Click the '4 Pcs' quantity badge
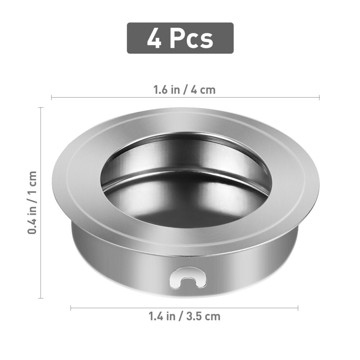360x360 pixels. click(180, 38)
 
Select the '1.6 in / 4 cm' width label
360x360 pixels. click(184, 89)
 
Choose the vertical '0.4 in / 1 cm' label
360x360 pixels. click(33, 202)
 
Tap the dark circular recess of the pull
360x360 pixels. click(185, 187)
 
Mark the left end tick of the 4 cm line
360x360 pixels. click(51, 97)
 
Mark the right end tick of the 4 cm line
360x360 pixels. click(319, 97)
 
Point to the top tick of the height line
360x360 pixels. click(41, 108)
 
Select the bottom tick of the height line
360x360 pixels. click(41, 298)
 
